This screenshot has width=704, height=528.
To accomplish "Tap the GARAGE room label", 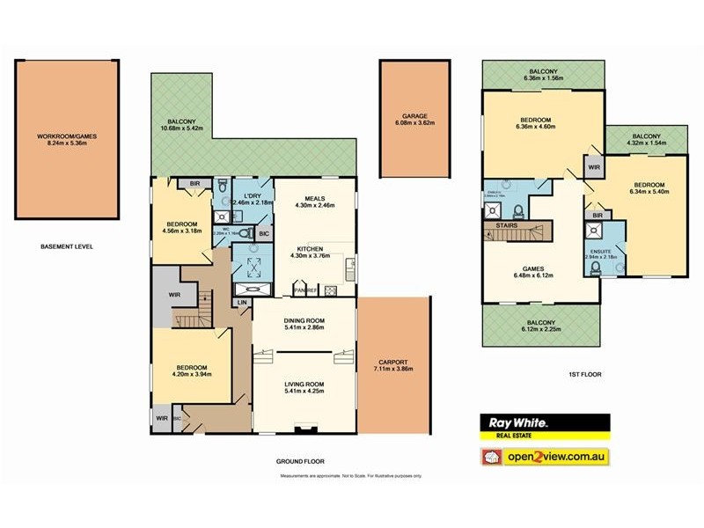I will [x=414, y=116].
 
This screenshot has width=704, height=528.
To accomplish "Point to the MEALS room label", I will [x=314, y=198].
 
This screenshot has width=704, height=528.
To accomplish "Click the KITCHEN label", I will [x=314, y=249].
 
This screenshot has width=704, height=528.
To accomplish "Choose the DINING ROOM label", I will [x=304, y=320].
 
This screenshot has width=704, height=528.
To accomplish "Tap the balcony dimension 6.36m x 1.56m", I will [x=543, y=78].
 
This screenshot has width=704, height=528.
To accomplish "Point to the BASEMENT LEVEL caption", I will [x=67, y=246].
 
